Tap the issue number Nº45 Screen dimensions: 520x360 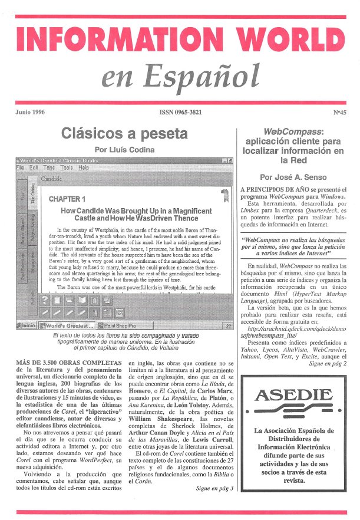tap(338, 110)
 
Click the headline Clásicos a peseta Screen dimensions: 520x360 tap(124, 133)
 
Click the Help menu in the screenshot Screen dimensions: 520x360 tap(84, 167)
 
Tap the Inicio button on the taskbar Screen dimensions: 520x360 tap(29, 325)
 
